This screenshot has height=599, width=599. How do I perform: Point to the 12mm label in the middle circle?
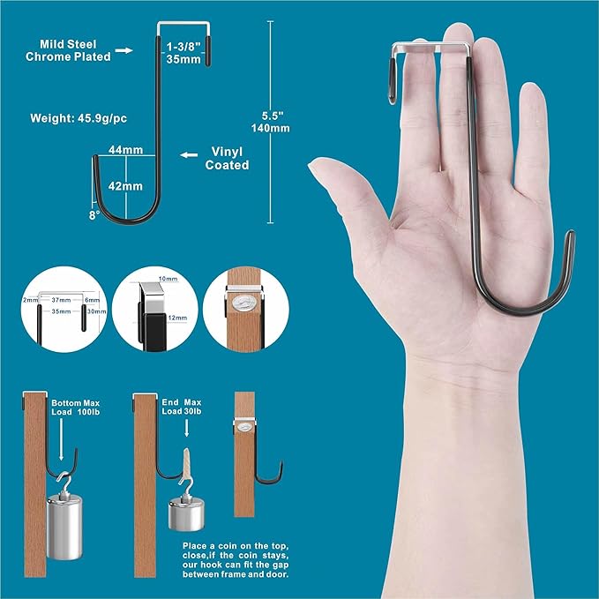coord(177,317)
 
